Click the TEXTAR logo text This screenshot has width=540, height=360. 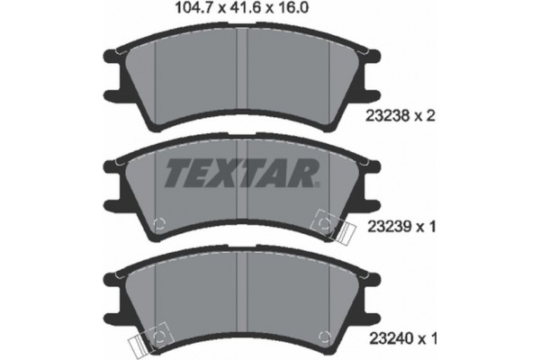[240, 170]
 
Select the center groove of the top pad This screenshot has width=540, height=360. [235, 76]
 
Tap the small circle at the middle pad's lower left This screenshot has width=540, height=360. [159, 225]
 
